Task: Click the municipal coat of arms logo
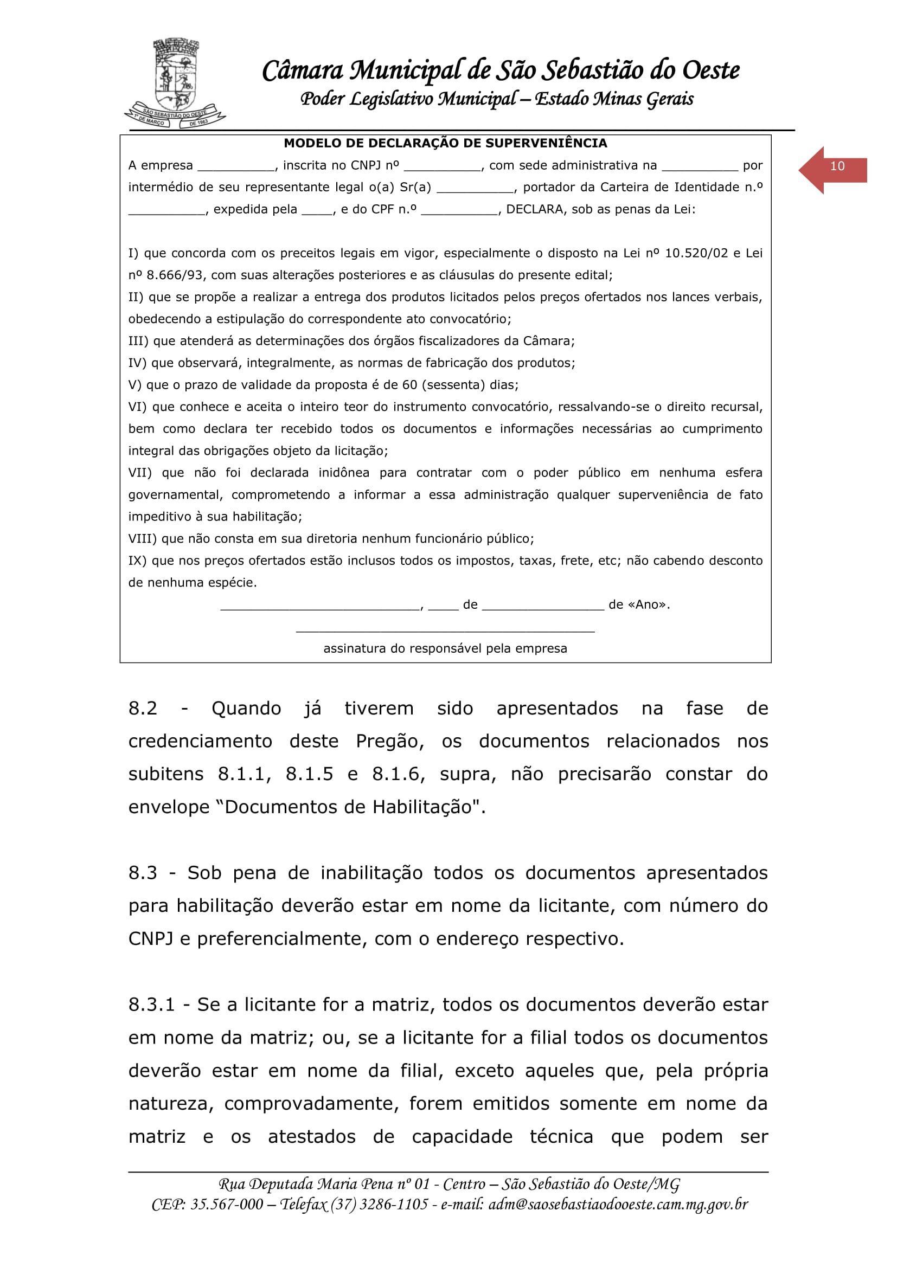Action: click(176, 83)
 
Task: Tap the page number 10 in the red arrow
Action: click(837, 166)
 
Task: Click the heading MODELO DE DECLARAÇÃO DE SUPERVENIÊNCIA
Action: click(445, 144)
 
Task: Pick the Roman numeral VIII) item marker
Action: click(143, 539)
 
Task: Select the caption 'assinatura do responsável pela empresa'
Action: click(445, 649)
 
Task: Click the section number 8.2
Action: click(143, 709)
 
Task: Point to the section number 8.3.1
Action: click(151, 1005)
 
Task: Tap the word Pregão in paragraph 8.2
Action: click(389, 742)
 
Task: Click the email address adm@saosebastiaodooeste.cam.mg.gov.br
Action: click(618, 1205)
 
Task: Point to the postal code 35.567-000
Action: click(227, 1205)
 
